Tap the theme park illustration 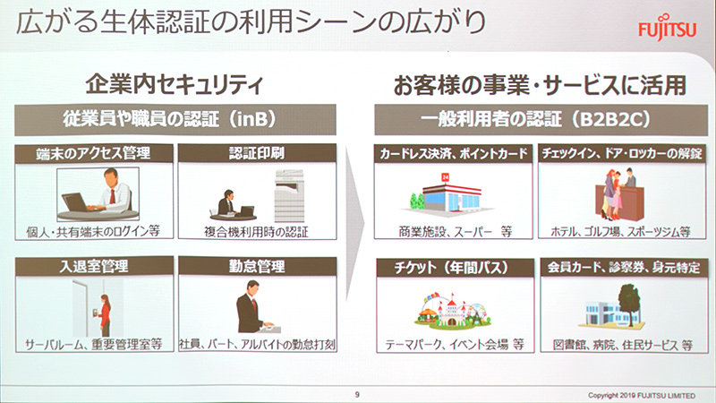(447, 309)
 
